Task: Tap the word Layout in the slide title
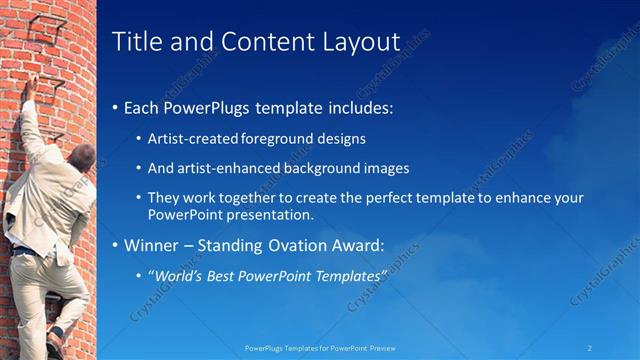(x=355, y=42)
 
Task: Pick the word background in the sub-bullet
(x=323, y=169)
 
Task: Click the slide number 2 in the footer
(x=590, y=347)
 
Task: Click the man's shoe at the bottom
(x=55, y=345)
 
